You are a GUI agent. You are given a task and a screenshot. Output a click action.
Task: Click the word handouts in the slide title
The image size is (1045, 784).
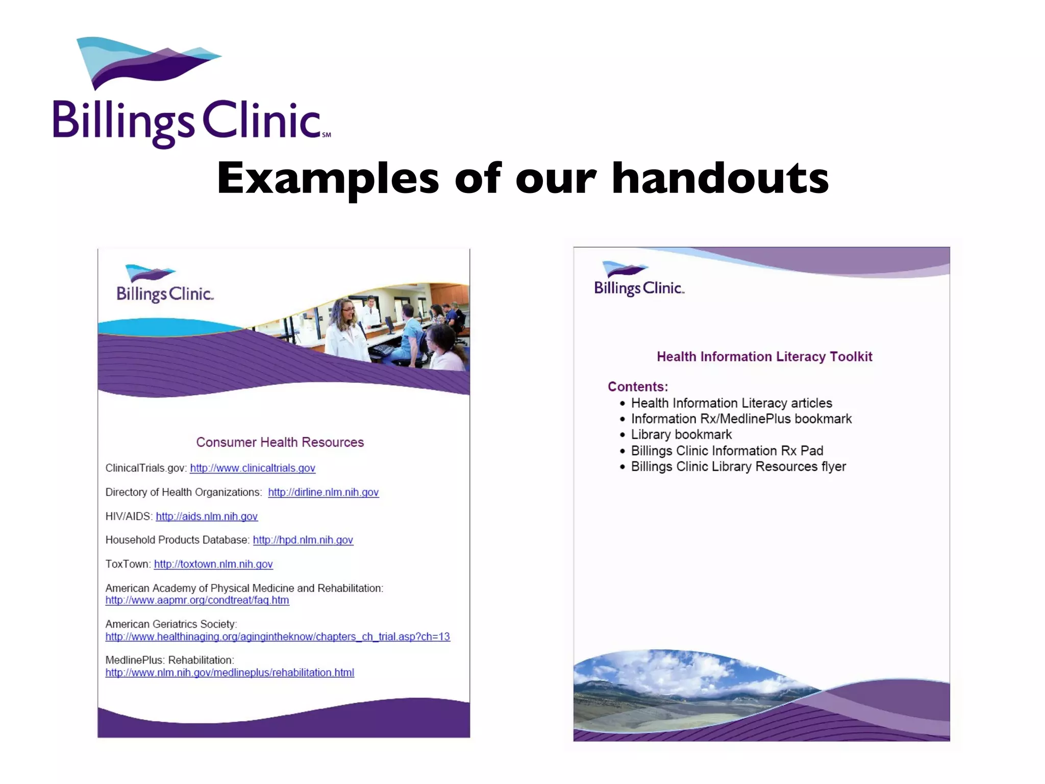(719, 179)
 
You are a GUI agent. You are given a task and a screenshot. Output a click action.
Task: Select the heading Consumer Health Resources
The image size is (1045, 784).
(280, 442)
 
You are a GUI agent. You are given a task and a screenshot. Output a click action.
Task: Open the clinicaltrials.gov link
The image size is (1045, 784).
(253, 468)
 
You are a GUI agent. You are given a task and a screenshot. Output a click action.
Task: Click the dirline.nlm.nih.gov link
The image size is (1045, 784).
(324, 492)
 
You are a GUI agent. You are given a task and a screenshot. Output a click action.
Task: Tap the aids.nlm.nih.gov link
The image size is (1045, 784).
(207, 516)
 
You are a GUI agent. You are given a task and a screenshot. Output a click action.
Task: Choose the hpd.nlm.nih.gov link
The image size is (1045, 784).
(303, 540)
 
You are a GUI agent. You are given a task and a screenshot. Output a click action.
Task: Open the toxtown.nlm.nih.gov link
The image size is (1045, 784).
(213, 564)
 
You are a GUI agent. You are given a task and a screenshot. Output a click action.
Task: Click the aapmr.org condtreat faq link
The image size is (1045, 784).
(197, 600)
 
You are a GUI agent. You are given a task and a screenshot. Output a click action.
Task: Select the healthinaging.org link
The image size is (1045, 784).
(278, 636)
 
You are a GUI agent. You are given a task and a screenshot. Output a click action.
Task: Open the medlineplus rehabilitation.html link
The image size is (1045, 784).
(230, 673)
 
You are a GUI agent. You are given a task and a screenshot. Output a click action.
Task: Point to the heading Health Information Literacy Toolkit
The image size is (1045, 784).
(764, 356)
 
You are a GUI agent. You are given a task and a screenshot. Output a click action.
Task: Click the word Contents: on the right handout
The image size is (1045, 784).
(638, 387)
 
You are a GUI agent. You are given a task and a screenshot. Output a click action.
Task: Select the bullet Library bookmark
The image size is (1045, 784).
(681, 434)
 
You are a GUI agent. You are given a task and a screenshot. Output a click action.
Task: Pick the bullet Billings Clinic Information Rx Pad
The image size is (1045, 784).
(727, 451)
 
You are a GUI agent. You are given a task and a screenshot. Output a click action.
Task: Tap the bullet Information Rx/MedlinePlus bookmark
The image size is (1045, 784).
(741, 419)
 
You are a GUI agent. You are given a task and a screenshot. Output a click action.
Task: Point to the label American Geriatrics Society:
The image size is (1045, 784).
(171, 624)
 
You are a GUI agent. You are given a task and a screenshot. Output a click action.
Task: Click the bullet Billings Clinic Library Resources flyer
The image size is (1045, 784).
(738, 467)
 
